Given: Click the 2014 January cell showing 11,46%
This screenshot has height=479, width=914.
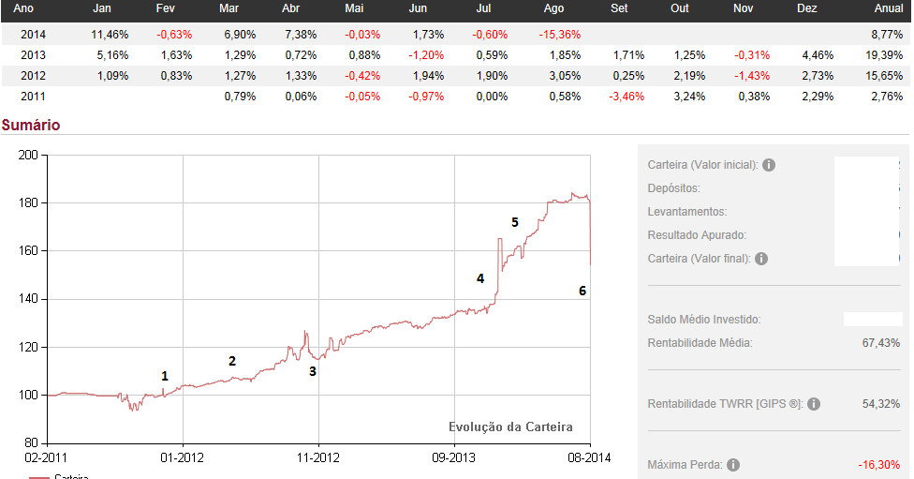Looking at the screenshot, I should pos(109,34).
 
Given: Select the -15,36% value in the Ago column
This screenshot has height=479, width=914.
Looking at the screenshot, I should pos(562,34).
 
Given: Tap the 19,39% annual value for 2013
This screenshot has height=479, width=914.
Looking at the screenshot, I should pos(886,54).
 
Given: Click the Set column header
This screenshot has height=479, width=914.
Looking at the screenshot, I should pos(619,8).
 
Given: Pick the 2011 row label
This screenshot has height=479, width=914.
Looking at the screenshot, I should pos(33,96).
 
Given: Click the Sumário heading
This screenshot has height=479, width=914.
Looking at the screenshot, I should pos(31,124).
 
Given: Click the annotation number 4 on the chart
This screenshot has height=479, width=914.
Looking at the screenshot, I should pos(480,278).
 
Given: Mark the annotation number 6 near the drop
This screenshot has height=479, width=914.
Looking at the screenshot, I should pos(582,291).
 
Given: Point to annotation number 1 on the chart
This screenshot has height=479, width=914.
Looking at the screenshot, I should pos(165,376).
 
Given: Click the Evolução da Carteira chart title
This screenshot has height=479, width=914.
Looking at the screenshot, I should pos(510,427).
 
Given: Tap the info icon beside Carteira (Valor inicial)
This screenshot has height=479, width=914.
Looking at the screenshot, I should pos(769,165).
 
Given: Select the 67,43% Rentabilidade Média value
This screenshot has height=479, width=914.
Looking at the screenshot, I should pos(880,343).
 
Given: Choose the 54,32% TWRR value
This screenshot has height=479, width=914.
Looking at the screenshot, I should pos(880,404).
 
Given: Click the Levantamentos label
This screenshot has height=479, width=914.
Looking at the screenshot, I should pos(686,212).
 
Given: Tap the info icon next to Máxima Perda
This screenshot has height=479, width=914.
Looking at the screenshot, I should pos(733,465).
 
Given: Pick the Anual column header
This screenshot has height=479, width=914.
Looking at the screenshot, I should pos(888,8).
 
